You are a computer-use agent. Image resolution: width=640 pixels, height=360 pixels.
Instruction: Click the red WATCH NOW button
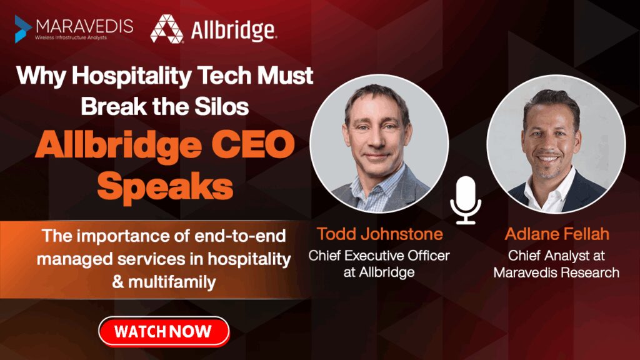click(164, 331)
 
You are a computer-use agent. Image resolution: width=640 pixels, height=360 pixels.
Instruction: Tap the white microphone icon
click(466, 200)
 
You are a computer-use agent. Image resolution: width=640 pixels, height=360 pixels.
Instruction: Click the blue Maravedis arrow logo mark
click(23, 29)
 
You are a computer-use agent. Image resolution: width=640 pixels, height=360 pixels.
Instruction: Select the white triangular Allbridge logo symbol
click(166, 29)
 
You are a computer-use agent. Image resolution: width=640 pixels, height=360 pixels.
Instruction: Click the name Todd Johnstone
click(380, 234)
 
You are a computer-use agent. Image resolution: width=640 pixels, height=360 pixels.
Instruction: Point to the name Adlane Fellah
click(557, 234)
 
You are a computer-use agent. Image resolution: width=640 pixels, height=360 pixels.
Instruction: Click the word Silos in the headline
click(222, 106)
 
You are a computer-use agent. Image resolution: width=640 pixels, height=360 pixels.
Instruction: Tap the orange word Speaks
click(165, 186)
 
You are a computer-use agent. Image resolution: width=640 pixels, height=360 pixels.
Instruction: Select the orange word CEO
click(252, 145)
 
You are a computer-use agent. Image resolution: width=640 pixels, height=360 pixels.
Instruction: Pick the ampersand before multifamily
click(118, 282)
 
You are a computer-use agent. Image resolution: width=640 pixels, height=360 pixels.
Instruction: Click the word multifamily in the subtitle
click(172, 282)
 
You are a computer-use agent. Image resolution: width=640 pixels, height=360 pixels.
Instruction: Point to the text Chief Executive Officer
click(379, 256)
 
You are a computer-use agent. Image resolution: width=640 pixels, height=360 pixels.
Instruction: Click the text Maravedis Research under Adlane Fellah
click(556, 272)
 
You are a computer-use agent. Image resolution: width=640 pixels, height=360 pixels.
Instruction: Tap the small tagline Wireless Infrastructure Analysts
click(71, 37)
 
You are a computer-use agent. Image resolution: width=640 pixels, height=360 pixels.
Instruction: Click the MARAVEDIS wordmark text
click(84, 26)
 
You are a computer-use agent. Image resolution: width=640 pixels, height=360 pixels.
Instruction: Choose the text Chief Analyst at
click(556, 256)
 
